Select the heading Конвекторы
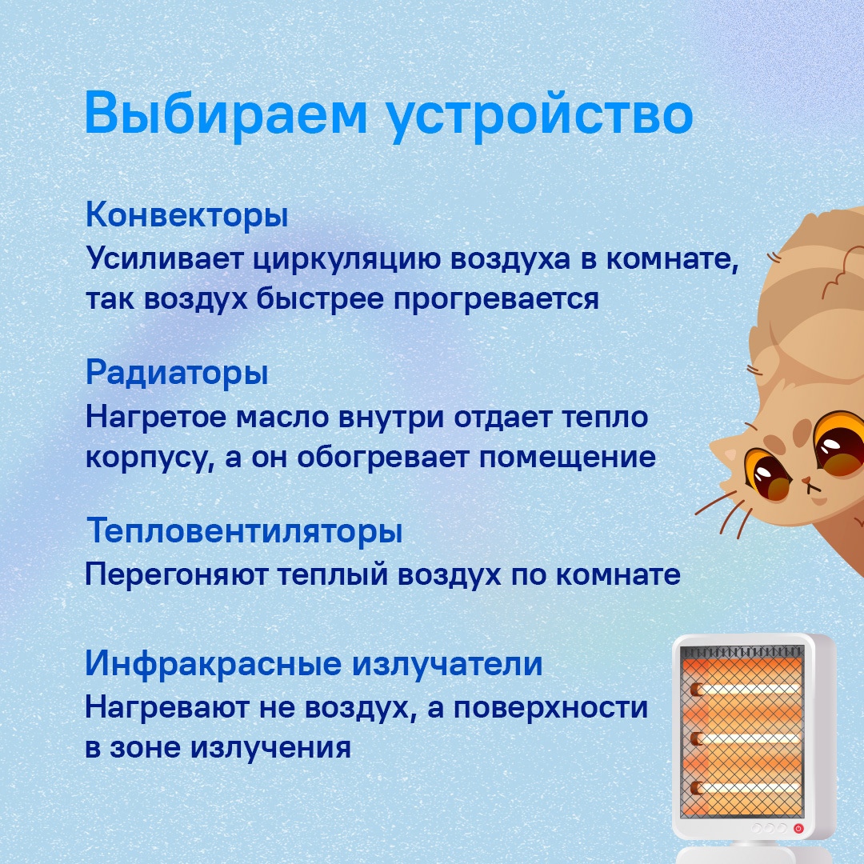click(x=186, y=215)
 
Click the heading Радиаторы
click(x=177, y=374)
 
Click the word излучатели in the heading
click(x=447, y=664)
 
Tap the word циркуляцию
click(x=347, y=260)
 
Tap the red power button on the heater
click(x=798, y=828)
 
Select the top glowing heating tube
click(x=746, y=689)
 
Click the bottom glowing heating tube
click(x=746, y=788)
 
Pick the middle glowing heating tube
click(x=746, y=738)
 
